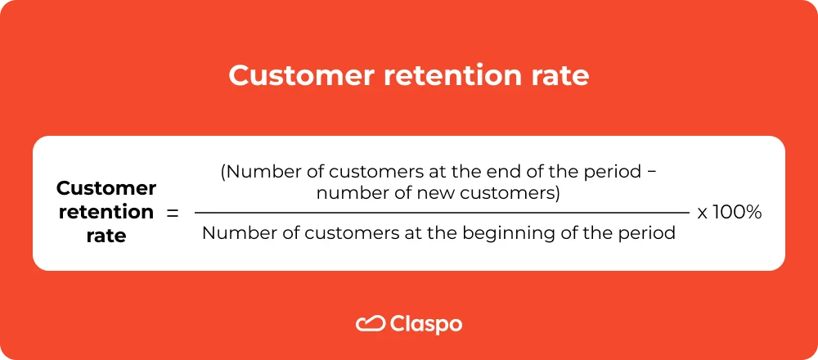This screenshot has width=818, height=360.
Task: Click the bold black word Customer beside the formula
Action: pos(106,188)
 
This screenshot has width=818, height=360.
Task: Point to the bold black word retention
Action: pos(106,212)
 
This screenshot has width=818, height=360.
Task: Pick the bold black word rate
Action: pos(106,236)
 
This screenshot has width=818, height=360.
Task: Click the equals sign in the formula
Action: pos(172,213)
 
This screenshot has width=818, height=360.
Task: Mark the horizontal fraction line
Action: pos(442,213)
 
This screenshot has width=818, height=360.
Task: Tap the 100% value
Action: pos(738,213)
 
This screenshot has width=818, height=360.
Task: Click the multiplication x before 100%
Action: pos(703,214)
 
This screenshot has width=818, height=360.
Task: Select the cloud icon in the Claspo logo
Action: pos(371,323)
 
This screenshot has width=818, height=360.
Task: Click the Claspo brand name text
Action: pos(426,324)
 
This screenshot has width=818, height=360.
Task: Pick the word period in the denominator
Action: pos(647,233)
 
